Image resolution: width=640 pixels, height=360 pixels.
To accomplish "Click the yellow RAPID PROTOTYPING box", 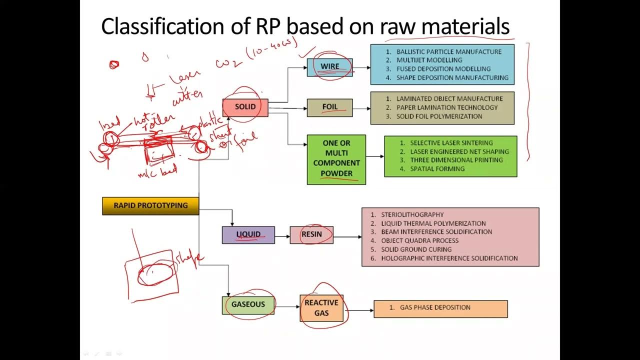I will (150, 205).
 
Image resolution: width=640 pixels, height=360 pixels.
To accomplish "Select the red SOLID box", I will (245, 107).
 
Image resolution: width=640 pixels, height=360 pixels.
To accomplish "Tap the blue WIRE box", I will (329, 67).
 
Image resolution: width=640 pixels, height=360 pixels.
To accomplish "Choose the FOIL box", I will (329, 107).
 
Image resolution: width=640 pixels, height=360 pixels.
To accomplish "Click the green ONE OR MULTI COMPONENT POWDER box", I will (336, 159).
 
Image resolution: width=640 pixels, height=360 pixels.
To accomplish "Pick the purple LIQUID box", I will (248, 234).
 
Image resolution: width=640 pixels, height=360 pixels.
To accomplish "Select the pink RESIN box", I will (311, 234).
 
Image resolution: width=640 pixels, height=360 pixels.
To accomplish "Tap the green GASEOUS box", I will (248, 305).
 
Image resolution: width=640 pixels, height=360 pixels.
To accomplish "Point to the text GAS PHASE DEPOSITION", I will (435, 307).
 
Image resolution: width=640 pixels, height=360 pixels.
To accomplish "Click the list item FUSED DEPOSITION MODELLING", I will (443, 69).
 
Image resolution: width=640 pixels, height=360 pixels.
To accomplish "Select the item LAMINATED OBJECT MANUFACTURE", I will (449, 99).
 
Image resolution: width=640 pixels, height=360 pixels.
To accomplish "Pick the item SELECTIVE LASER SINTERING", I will (451, 143).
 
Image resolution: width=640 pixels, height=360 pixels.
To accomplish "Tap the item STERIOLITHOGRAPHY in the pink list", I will (412, 215).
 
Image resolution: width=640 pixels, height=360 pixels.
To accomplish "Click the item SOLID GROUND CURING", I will (416, 249).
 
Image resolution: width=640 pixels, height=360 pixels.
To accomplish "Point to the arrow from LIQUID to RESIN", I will (282, 235).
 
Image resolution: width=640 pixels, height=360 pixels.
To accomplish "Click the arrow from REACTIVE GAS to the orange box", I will (358, 310).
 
